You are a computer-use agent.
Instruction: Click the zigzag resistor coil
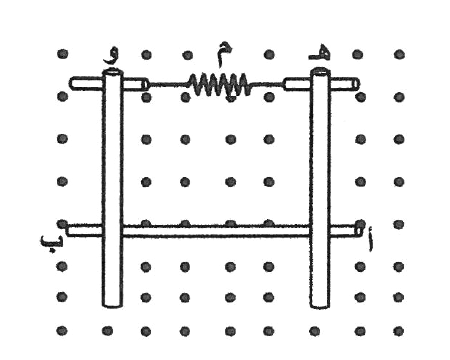pyautogui.click(x=219, y=84)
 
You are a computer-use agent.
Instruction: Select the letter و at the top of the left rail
pyautogui.click(x=111, y=57)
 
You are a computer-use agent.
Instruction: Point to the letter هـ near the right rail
pyautogui.click(x=319, y=55)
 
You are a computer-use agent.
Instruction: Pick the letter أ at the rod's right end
pyautogui.click(x=370, y=238)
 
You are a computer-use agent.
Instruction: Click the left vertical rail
pyautogui.click(x=112, y=188)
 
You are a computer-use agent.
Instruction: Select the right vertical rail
pyautogui.click(x=320, y=188)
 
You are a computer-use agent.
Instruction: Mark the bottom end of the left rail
pyautogui.click(x=112, y=306)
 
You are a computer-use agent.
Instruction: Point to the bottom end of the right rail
pyautogui.click(x=320, y=307)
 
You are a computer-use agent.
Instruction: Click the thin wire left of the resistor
pyautogui.click(x=167, y=84)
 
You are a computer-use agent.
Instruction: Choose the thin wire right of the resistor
pyautogui.click(x=267, y=84)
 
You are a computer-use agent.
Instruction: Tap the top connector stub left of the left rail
pyautogui.click(x=86, y=83)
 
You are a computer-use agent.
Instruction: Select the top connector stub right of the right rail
pyautogui.click(x=345, y=84)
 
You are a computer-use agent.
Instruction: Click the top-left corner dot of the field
pyautogui.click(x=62, y=54)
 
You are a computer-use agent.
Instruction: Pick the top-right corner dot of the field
pyautogui.click(x=399, y=54)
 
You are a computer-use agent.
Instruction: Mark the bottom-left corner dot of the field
pyautogui.click(x=62, y=331)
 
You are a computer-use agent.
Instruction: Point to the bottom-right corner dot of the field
pyautogui.click(x=399, y=331)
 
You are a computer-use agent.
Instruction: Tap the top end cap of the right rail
pyautogui.click(x=320, y=71)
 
